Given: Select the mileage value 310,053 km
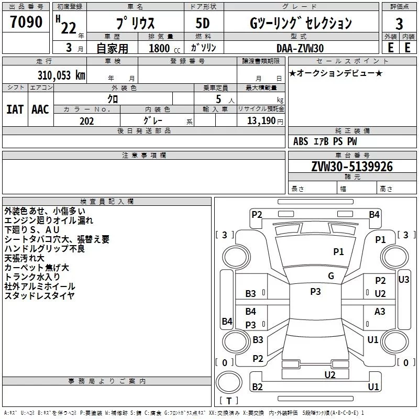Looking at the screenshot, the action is [x=61, y=75].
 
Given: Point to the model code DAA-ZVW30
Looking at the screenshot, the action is [x=300, y=48].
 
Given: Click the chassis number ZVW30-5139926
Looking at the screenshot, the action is [x=351, y=167].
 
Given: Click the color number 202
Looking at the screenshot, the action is [x=86, y=121].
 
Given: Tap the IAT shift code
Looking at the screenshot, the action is [x=15, y=109].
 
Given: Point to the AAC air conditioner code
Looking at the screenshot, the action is [x=40, y=109].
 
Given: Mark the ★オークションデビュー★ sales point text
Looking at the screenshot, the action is [x=335, y=73].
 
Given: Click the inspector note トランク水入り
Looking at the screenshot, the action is [x=32, y=277].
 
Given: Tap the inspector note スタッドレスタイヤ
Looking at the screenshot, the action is [x=39, y=296].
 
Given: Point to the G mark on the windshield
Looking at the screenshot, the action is [x=331, y=276].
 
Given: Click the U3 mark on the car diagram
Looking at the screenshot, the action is [x=403, y=280].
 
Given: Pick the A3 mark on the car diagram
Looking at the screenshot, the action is [x=380, y=312].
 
